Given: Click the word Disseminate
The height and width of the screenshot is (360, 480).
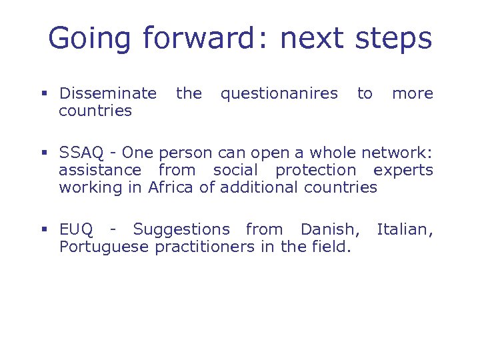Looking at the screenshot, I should [108, 93].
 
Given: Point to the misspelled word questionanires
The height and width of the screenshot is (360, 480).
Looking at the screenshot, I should [279, 93].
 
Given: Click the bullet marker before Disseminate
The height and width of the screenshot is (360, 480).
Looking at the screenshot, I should [44, 94].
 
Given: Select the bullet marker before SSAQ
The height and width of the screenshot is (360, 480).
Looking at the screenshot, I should [44, 153].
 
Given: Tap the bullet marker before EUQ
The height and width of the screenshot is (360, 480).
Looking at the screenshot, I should [44, 231].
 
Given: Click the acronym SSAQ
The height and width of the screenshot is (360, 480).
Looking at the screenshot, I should [83, 153].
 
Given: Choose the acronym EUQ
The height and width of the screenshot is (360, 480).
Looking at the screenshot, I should [76, 230].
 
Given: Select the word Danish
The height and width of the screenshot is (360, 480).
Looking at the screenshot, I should [329, 230].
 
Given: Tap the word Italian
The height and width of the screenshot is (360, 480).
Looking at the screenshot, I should [403, 230].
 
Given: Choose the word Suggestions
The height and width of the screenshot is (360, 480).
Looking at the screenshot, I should [181, 230].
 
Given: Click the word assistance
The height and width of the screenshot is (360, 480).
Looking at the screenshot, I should [100, 170].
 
